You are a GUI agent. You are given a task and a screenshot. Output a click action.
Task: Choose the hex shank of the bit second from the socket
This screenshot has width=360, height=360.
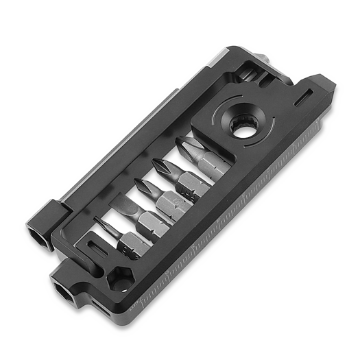point(187,185)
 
